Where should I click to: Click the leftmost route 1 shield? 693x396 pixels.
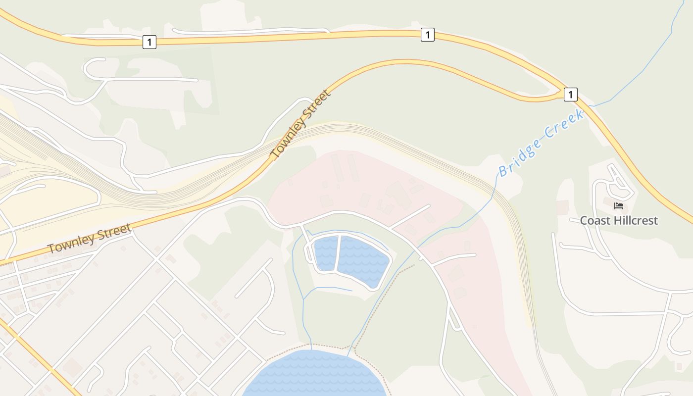point(149,42)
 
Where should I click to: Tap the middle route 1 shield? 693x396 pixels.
point(427,35)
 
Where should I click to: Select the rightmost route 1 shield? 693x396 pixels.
point(570,94)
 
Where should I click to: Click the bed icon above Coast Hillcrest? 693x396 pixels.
point(618,206)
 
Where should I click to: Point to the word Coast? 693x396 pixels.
point(596,220)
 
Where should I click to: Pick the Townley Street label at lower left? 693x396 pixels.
point(89,239)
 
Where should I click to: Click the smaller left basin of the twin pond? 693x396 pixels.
point(326,253)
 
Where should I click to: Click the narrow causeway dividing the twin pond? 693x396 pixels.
point(338,253)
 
